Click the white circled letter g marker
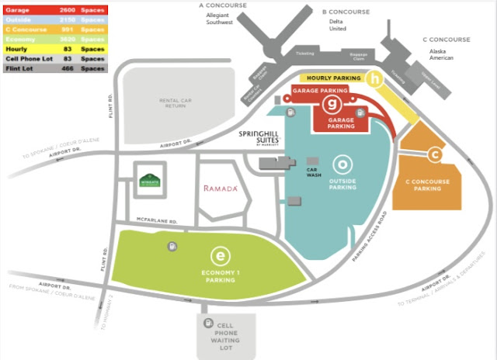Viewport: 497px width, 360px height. (333, 104)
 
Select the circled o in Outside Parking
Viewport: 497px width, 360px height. (342, 164)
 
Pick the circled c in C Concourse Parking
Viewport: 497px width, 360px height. (436, 155)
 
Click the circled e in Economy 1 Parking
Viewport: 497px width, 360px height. (221, 254)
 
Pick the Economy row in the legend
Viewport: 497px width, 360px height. (54, 38)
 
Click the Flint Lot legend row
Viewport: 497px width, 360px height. (54, 69)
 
